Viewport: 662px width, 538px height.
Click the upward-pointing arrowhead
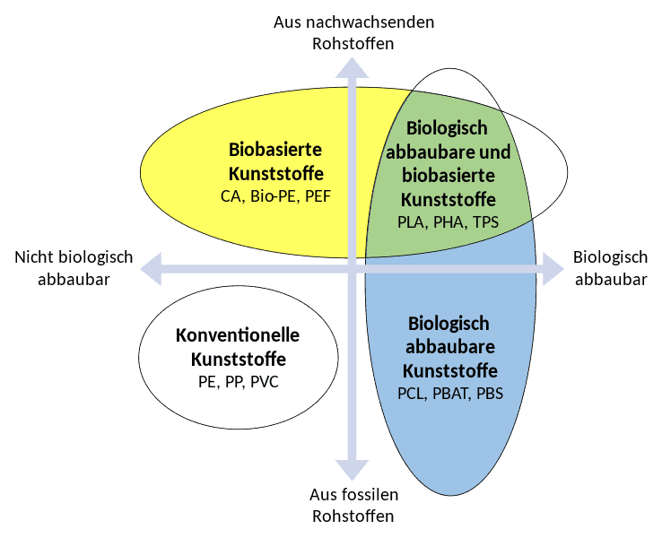click(352, 68)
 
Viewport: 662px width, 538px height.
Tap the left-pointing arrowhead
click(151, 269)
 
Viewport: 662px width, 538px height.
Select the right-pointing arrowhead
click(553, 269)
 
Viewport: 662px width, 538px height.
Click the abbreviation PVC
click(265, 382)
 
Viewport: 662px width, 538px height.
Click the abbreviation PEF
click(318, 196)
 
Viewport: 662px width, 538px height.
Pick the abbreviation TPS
click(485, 222)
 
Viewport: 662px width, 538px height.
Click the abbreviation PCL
click(411, 394)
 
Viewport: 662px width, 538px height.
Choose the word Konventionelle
click(238, 335)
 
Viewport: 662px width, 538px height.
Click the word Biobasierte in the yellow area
click(275, 150)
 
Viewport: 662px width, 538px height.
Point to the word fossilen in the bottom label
click(374, 495)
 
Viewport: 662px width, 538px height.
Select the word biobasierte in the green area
click(449, 175)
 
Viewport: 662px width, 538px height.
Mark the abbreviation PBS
click(490, 394)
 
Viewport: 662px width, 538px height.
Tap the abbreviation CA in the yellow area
click(231, 196)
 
